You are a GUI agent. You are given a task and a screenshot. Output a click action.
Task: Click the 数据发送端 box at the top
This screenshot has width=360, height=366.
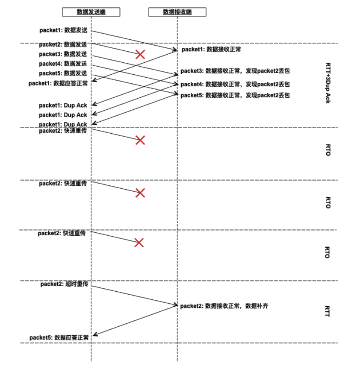click(x=91, y=12)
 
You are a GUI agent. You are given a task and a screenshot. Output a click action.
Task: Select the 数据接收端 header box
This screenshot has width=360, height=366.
click(x=177, y=12)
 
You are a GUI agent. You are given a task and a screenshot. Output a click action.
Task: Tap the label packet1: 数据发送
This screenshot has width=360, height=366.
click(x=63, y=30)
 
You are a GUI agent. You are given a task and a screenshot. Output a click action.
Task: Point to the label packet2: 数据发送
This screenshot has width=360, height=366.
click(x=63, y=44)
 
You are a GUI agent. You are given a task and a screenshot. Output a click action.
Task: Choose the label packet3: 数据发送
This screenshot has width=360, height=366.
click(x=63, y=54)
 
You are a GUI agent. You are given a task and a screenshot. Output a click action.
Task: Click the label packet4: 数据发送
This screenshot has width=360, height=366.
click(x=63, y=64)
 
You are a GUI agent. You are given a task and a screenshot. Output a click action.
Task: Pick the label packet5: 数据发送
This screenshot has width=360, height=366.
click(x=63, y=73)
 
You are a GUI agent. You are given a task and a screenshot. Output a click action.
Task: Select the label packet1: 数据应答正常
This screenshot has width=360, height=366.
click(x=59, y=83)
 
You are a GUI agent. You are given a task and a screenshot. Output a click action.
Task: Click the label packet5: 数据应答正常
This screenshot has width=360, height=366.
click(x=59, y=337)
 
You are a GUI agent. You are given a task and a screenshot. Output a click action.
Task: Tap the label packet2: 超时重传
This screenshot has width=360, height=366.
click(x=65, y=284)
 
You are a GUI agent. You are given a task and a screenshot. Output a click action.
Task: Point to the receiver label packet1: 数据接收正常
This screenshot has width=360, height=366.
click(x=211, y=50)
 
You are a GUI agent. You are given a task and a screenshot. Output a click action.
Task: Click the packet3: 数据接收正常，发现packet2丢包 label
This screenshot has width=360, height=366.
click(x=235, y=71)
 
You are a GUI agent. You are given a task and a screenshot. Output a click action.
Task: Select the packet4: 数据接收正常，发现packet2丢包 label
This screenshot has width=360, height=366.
click(x=235, y=84)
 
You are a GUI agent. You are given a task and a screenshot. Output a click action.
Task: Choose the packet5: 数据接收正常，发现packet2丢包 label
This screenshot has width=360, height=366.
click(x=235, y=95)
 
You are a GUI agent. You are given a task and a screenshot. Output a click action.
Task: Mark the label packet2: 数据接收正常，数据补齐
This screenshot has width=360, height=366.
click(x=224, y=306)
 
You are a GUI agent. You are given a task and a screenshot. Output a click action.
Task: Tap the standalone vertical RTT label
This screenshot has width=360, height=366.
click(x=328, y=311)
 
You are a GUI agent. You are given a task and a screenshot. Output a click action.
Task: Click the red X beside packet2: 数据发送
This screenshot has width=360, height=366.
click(x=140, y=54)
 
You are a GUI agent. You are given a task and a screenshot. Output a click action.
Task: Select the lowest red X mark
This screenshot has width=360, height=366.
click(x=139, y=243)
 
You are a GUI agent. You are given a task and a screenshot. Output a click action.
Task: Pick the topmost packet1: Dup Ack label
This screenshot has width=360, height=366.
click(x=63, y=105)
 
